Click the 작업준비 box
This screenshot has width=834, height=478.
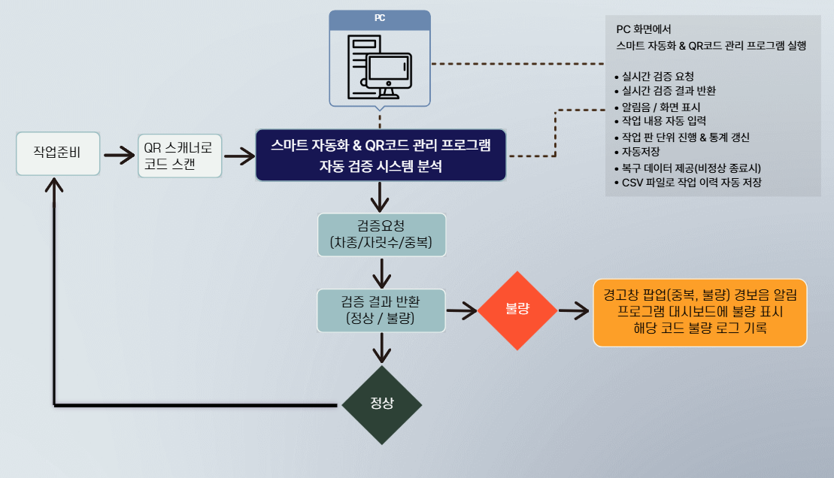click(x=57, y=154)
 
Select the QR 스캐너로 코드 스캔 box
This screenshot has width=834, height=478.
click(x=180, y=156)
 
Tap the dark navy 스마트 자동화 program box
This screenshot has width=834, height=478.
click(x=380, y=155)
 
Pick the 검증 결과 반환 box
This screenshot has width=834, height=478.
click(x=381, y=310)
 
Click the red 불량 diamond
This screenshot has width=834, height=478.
click(x=518, y=309)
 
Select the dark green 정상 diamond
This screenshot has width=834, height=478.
click(x=382, y=404)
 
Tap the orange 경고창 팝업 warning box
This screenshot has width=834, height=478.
click(x=699, y=313)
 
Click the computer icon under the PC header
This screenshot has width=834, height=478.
click(x=380, y=66)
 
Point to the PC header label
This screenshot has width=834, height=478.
click(x=380, y=18)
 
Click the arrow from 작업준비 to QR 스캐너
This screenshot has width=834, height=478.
click(x=118, y=156)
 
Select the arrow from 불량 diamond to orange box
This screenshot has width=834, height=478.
click(x=574, y=310)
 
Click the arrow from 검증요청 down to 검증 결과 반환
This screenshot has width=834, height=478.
click(x=383, y=271)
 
